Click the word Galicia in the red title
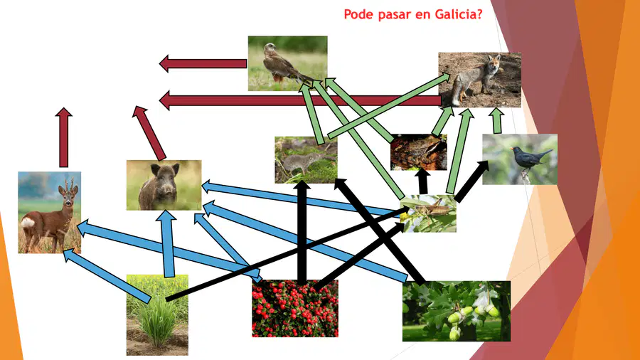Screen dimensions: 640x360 459,14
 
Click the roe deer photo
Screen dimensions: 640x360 49,212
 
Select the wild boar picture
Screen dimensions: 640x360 164,185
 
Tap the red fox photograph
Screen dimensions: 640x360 479,80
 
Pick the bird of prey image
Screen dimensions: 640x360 288,63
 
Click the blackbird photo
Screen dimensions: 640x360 520,159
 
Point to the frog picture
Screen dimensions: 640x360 418,152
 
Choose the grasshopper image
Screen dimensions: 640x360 428,213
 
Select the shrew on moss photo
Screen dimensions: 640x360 306,159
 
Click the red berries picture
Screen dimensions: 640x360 294,308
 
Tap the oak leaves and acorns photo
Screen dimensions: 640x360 457,311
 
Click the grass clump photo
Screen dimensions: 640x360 157,314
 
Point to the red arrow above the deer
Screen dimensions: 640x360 64,137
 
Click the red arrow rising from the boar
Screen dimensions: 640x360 149,133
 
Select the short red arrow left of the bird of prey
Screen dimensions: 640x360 203,63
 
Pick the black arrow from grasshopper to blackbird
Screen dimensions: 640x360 472,181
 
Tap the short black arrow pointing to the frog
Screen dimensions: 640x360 423,181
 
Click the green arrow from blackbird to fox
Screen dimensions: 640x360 497,120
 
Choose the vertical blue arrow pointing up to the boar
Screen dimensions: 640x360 167,243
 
